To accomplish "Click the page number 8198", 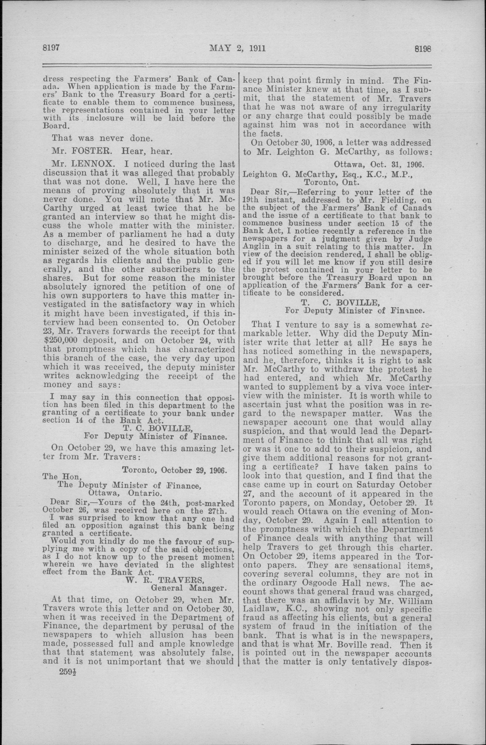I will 423,49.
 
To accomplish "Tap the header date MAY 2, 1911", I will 238,49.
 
